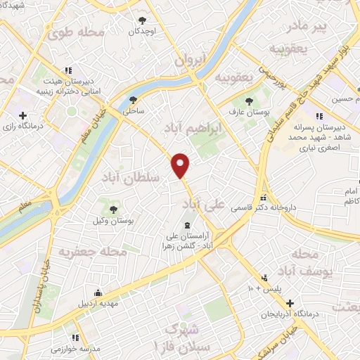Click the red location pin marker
point(181,165)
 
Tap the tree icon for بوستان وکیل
point(113,210)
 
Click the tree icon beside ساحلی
point(134,100)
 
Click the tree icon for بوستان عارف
point(254,100)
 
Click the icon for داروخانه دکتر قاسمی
point(264,198)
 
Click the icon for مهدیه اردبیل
point(98,293)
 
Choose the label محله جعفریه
point(92,250)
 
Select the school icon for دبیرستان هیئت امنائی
point(68,70)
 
